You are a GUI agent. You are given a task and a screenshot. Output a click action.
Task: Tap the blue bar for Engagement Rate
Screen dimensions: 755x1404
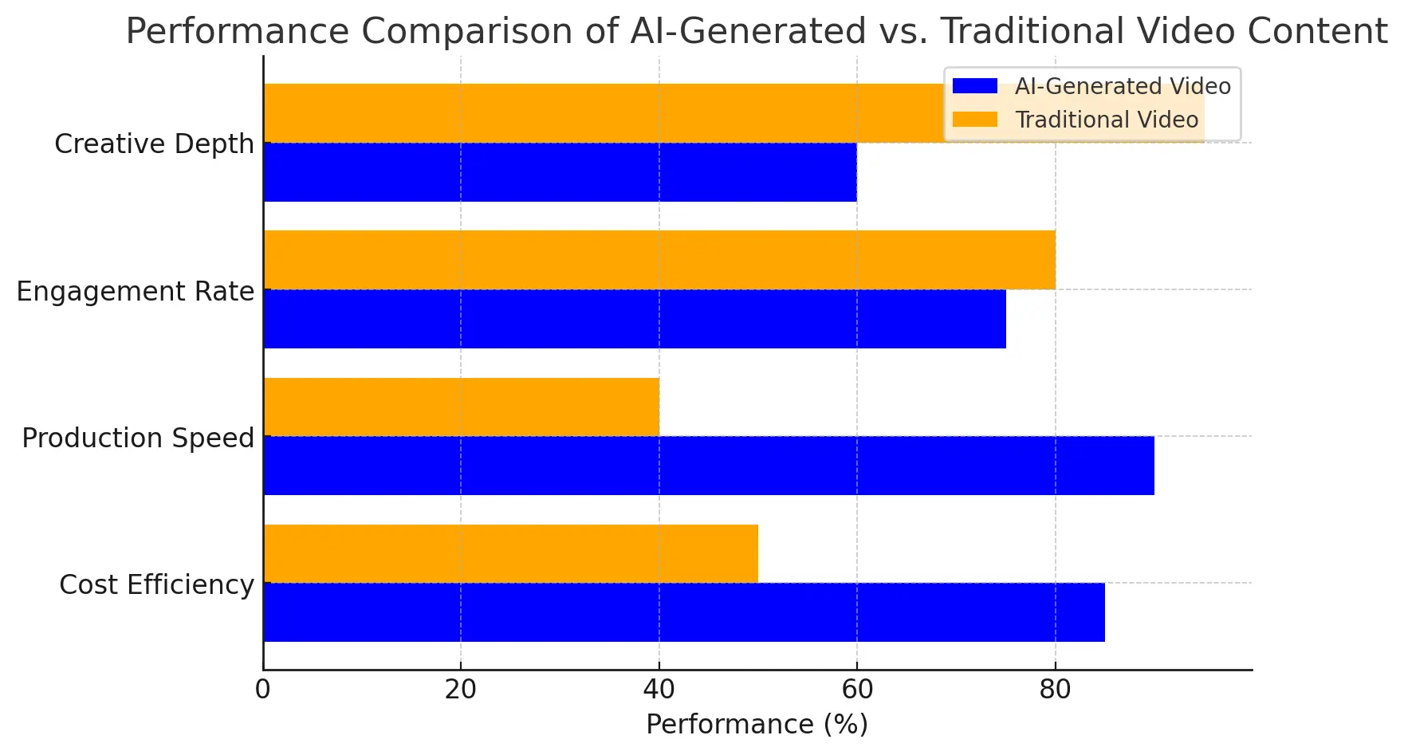coord(634,319)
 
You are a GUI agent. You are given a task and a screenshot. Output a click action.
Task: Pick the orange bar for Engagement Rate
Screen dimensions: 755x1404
coord(659,260)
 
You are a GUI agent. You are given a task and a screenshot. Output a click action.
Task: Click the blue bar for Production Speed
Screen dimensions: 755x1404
coord(708,466)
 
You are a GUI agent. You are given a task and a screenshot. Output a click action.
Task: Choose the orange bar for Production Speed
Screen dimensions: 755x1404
coord(461,407)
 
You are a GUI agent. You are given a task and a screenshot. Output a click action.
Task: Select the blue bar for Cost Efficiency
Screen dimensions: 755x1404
coord(683,612)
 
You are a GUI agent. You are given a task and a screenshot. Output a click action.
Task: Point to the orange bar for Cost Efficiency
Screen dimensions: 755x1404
coord(510,553)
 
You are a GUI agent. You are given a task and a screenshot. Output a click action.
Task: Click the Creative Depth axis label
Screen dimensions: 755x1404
coord(154,144)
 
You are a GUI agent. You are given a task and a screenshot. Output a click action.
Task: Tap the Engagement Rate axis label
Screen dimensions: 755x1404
coord(135,292)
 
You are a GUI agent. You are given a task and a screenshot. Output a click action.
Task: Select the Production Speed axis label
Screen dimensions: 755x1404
coord(137,438)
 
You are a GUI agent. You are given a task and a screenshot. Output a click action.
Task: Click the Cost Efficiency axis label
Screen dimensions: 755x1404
coord(156,585)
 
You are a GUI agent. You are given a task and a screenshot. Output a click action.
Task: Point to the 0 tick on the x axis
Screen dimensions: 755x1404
coord(263,690)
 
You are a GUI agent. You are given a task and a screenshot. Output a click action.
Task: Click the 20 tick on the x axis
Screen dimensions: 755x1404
coord(461,690)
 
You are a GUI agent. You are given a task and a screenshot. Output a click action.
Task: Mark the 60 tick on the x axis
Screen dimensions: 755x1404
coord(857,690)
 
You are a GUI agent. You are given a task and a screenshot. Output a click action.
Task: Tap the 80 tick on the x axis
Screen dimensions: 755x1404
coord(1055,690)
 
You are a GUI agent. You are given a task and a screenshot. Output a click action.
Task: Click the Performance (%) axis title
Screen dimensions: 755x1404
coord(757,725)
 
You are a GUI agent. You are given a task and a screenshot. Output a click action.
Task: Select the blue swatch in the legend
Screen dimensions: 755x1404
coord(974,86)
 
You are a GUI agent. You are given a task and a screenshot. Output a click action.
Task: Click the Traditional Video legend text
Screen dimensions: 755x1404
coord(1107,120)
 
